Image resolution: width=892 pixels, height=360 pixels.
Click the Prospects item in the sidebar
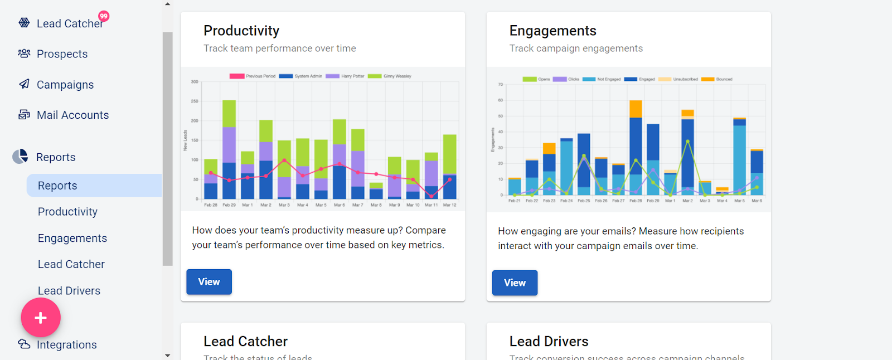coord(62,54)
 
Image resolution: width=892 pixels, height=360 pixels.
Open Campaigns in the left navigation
coord(65,85)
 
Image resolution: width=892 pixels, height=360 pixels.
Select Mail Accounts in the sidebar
coord(72,115)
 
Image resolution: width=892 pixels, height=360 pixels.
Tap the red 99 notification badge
coord(104,16)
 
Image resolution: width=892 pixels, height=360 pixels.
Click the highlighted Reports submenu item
coord(57,186)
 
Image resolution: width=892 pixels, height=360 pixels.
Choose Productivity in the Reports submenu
coord(67,212)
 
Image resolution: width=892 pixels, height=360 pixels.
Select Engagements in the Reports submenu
coord(72,238)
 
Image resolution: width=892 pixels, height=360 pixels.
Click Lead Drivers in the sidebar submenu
coord(69,290)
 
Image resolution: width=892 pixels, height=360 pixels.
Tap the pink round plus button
coord(41,318)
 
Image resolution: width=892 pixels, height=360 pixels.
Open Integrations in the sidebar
coord(66,344)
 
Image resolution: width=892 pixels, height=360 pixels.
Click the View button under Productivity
coord(209,282)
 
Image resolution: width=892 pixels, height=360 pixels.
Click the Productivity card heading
coord(241,31)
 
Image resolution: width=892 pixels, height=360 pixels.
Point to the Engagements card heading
coord(552,31)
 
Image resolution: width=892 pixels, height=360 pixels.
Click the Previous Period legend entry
coord(253,76)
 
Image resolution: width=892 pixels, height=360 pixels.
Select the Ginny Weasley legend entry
coord(390,76)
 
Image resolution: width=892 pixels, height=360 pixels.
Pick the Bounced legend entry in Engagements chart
coord(717,79)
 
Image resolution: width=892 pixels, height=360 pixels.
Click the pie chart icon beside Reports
coord(21,157)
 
